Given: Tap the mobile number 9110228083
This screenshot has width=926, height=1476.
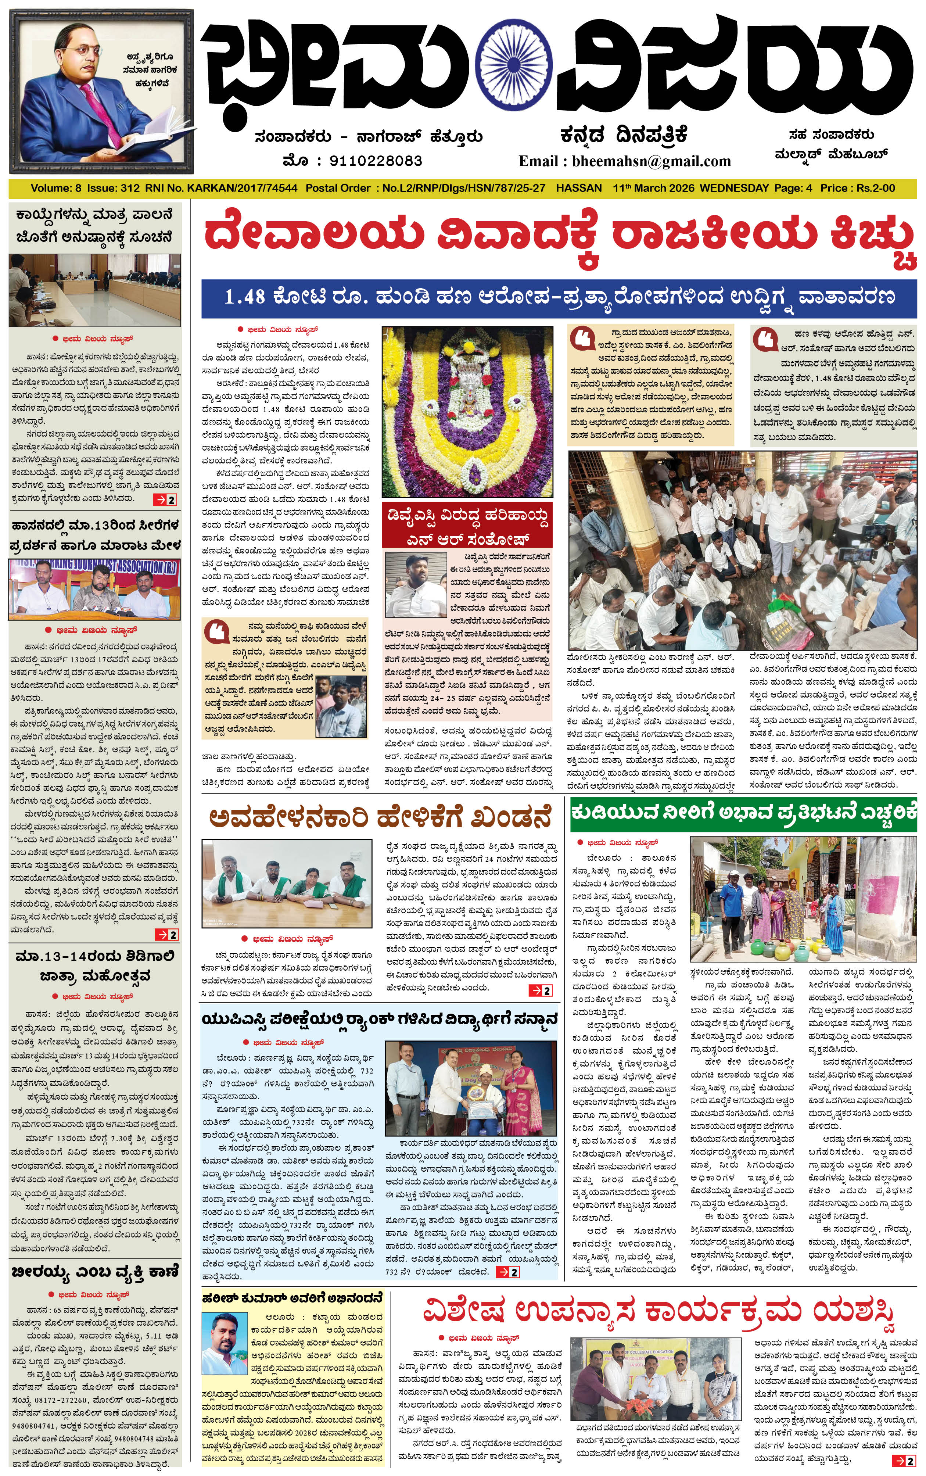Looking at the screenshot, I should coord(376,161).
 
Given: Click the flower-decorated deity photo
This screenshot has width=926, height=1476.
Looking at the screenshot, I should coord(467,412).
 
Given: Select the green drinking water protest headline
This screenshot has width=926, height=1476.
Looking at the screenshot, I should coord(743,813).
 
